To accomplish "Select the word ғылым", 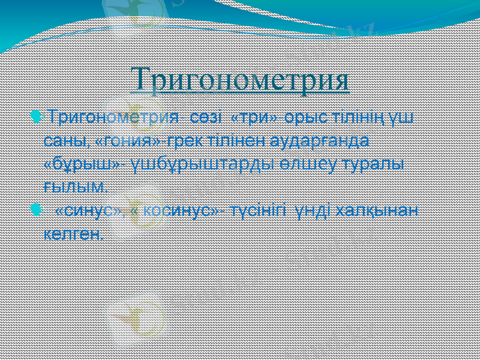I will [x=76, y=187].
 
